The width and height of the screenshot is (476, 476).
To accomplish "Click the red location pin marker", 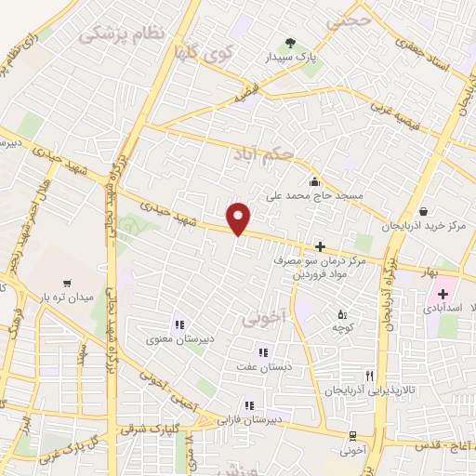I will pyautogui.click(x=239, y=217).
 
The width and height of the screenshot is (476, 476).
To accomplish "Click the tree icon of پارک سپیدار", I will pyautogui.click(x=290, y=42).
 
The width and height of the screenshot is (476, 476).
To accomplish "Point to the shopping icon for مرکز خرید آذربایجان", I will pyautogui.click(x=424, y=211).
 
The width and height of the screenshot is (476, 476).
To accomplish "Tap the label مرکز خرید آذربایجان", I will pyautogui.click(x=424, y=227).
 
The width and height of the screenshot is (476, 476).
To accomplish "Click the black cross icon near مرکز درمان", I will pyautogui.click(x=321, y=246).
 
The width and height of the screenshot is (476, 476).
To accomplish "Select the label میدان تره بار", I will pyautogui.click(x=66, y=297).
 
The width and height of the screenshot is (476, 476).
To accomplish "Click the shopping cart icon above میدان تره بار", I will pyautogui.click(x=66, y=282).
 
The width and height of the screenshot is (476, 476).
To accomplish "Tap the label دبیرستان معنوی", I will pyautogui.click(x=178, y=339).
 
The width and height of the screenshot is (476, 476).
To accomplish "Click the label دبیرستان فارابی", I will pyautogui.click(x=247, y=419).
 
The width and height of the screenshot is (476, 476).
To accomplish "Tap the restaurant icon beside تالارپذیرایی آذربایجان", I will pyautogui.click(x=369, y=376).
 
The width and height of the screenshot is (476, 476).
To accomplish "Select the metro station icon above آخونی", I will pyautogui.click(x=351, y=436).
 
